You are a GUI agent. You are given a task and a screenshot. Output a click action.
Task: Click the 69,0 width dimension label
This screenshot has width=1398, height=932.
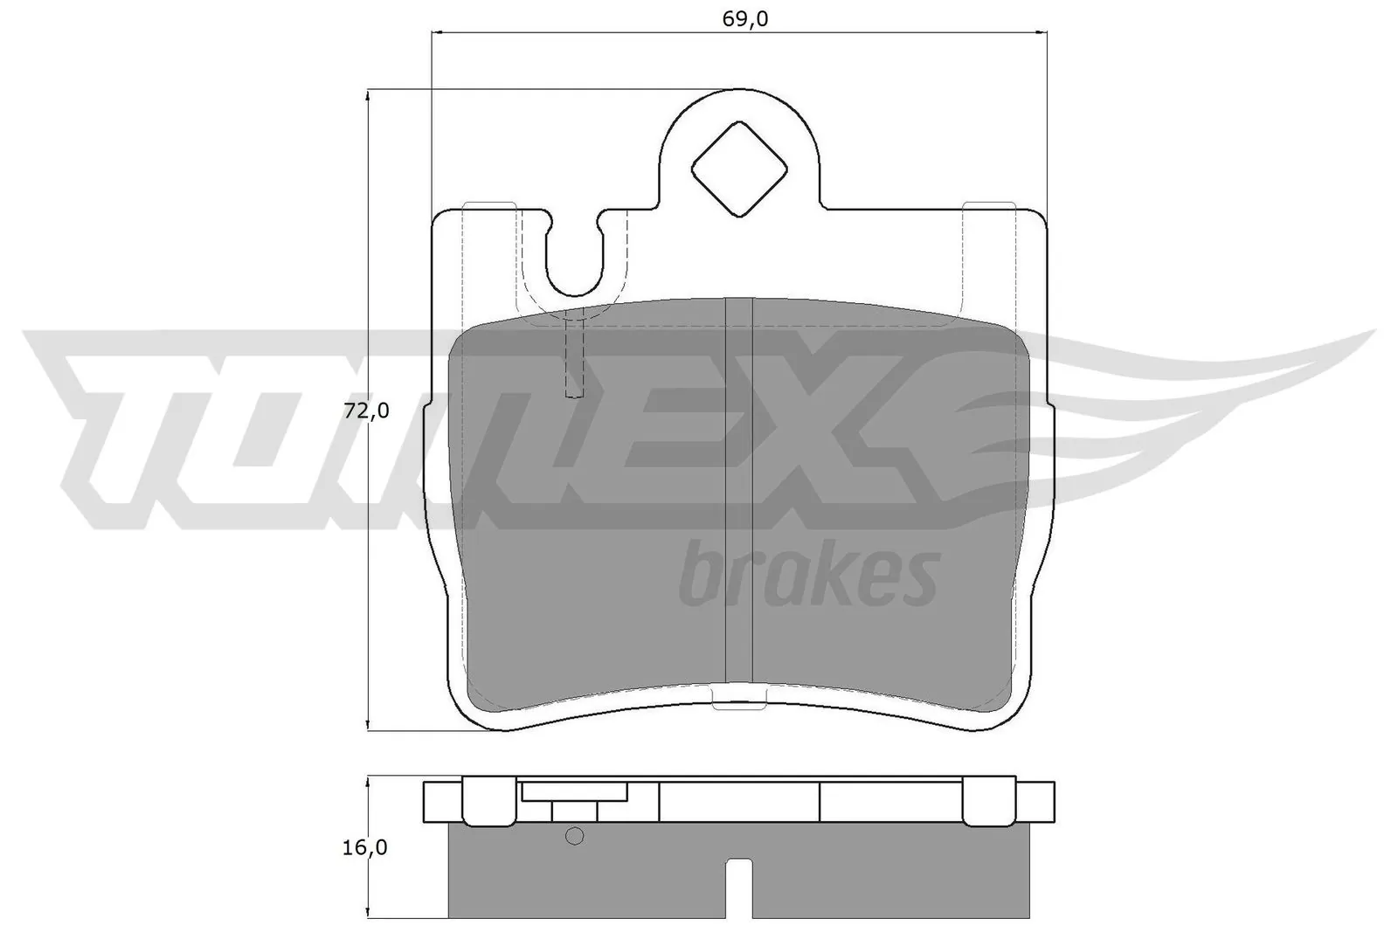[x=744, y=18]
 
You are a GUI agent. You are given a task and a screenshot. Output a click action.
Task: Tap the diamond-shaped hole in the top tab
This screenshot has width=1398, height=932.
[x=739, y=169]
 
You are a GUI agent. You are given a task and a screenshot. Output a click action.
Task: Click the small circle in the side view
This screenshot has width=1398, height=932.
[x=574, y=836]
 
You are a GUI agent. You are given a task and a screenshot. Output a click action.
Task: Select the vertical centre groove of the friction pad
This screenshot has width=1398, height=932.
[x=739, y=489]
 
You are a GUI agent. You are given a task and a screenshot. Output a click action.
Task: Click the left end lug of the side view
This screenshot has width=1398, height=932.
[x=441, y=803]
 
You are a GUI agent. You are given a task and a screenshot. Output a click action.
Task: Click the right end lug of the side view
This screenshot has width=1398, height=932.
[x=1038, y=803]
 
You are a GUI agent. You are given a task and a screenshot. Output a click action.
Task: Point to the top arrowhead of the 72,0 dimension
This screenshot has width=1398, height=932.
[x=369, y=94]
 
